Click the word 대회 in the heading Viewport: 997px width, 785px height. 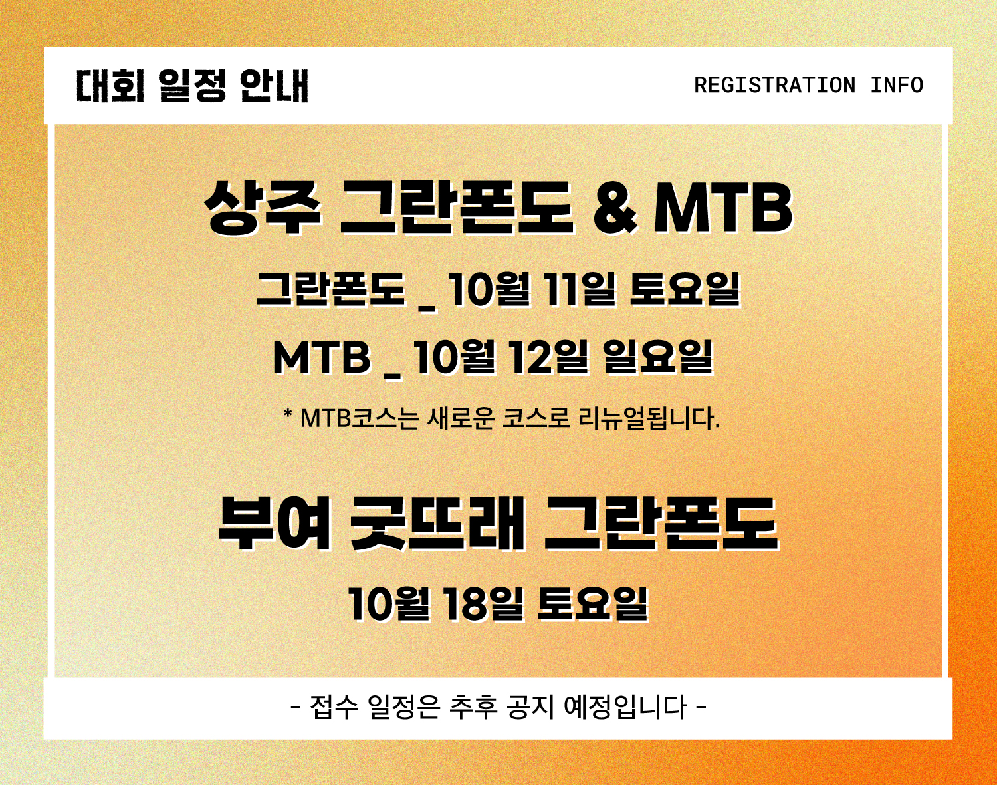pyautogui.click(x=110, y=86)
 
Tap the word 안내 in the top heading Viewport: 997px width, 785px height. pyautogui.click(x=274, y=86)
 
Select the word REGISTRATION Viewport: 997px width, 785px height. pyautogui.click(x=774, y=85)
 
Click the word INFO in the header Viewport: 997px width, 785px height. pyautogui.click(x=897, y=85)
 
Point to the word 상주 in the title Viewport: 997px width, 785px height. pyautogui.click(x=263, y=208)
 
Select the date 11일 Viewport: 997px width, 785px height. pyautogui.click(x=582, y=290)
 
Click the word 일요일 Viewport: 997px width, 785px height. pyautogui.click(x=658, y=357)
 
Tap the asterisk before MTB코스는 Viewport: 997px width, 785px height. pyautogui.click(x=288, y=413)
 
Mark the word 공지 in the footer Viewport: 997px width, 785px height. pyautogui.click(x=531, y=708)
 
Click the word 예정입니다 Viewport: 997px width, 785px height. pyautogui.click(x=625, y=708)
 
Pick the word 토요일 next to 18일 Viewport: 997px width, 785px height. pyautogui.click(x=593, y=604)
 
